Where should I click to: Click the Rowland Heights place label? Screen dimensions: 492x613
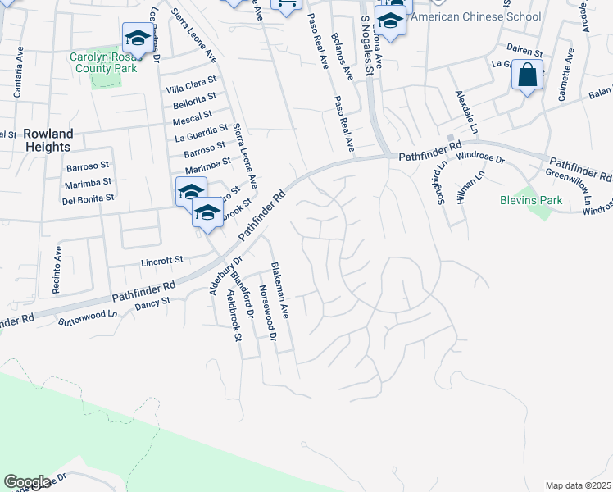(48, 140)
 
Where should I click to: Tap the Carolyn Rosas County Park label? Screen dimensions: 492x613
(107, 63)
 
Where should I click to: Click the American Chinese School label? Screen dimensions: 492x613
(475, 16)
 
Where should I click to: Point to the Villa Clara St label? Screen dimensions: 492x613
(191, 87)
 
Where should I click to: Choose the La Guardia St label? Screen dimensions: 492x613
(202, 131)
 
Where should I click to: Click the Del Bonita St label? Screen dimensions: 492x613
(89, 198)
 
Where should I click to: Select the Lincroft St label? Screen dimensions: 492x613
(161, 260)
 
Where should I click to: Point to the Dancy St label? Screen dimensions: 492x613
(152, 302)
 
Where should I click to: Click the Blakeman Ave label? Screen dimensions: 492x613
(279, 289)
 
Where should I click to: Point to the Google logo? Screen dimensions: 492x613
(27, 482)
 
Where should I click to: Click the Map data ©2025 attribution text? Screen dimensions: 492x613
(578, 485)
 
